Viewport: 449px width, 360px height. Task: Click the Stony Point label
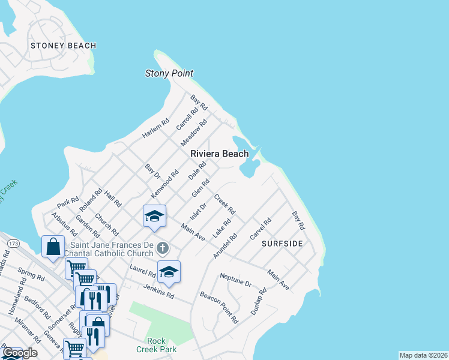[169, 73]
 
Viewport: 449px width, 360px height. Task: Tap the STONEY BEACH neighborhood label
[63, 46]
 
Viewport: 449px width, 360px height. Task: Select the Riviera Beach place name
[219, 154]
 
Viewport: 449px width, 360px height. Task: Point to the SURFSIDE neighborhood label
[282, 244]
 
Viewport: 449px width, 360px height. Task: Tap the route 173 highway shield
[13, 242]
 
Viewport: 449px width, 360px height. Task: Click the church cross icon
[162, 248]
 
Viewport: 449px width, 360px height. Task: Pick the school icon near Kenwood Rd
[154, 215]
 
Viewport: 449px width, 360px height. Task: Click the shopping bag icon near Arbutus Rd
[53, 246]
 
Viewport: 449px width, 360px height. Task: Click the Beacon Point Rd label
[219, 308]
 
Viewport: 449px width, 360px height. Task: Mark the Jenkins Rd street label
[158, 291]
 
